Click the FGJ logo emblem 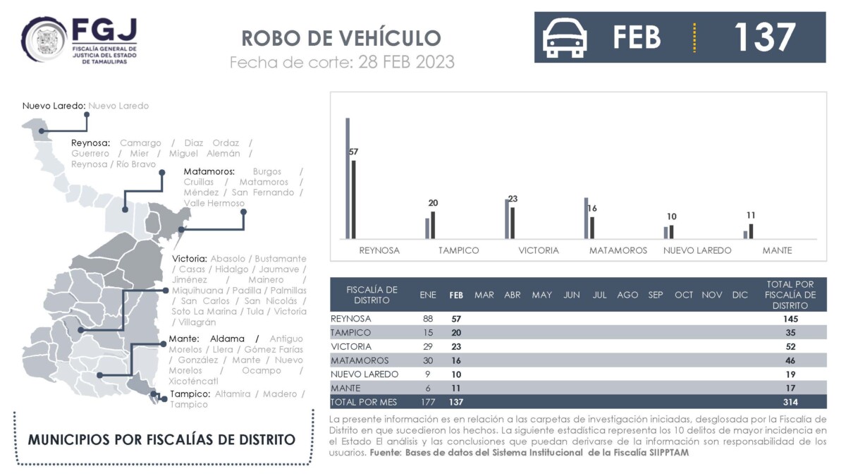click(x=44, y=39)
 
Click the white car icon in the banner click(x=565, y=38)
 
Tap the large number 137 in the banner click(x=765, y=37)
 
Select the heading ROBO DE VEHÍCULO click(x=341, y=38)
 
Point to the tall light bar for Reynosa click(x=348, y=178)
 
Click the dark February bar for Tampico click(x=433, y=225)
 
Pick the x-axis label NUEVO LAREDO click(x=697, y=250)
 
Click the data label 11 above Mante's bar click(x=751, y=215)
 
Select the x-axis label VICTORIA click(x=539, y=250)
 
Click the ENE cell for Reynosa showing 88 click(x=428, y=319)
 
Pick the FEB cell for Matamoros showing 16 click(x=456, y=360)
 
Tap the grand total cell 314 click(x=790, y=403)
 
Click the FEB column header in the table click(x=456, y=295)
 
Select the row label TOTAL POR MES click(x=363, y=403)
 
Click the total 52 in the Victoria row click(x=790, y=346)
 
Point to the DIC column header click(x=740, y=295)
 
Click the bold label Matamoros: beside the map click(x=209, y=171)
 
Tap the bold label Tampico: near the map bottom click(x=190, y=394)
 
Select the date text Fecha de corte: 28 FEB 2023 click(x=342, y=62)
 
